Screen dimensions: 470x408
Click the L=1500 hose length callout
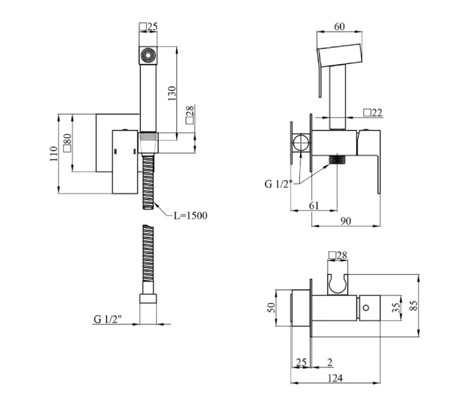(x=191, y=215)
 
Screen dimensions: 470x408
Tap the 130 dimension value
(x=172, y=94)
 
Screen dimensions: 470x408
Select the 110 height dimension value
(x=54, y=154)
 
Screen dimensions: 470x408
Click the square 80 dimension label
(x=68, y=142)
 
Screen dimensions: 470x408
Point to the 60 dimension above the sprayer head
(x=339, y=26)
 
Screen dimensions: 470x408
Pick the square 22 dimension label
(x=373, y=112)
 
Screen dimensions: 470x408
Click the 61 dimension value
(x=314, y=206)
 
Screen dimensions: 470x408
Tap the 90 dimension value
(x=345, y=221)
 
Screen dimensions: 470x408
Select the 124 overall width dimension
(x=335, y=378)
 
